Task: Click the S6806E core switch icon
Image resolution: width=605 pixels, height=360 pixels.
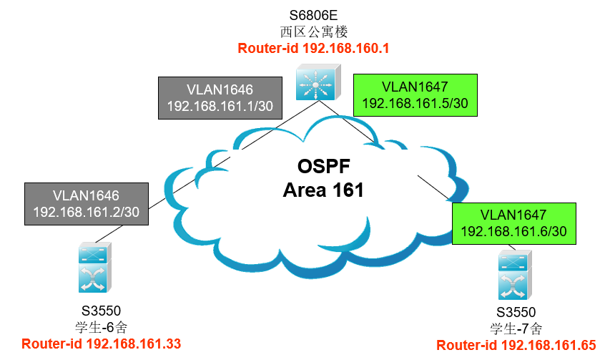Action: point(318,82)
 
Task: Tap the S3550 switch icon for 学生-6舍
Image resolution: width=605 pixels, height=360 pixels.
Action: point(95,267)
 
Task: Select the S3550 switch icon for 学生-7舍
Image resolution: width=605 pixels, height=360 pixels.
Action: point(515,275)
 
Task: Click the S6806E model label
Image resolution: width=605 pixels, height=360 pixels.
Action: point(313,16)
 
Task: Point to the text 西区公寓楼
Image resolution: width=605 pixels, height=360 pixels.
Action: point(314,31)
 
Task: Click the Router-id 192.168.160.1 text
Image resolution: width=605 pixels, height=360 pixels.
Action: point(313,48)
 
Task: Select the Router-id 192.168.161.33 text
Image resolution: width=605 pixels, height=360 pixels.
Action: point(101,344)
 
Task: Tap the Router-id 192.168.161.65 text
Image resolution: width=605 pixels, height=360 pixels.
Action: point(516,345)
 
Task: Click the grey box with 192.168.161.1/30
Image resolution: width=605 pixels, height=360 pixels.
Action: point(220,98)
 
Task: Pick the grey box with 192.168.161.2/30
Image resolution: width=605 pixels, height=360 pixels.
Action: point(87,204)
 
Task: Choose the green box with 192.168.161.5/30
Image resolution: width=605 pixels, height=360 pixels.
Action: point(415,95)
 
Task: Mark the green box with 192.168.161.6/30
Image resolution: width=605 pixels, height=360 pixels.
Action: point(514,223)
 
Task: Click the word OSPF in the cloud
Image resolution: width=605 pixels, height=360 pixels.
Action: point(324,167)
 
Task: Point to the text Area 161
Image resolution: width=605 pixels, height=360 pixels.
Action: point(323,190)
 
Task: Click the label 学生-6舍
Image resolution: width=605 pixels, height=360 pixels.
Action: point(101,328)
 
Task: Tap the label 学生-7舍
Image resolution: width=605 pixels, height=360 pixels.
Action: point(516,329)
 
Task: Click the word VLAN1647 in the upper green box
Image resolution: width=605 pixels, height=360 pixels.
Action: point(415,87)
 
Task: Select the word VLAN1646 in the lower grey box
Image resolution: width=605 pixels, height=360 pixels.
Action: point(86,195)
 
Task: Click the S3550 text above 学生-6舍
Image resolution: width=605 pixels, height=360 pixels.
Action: point(101,311)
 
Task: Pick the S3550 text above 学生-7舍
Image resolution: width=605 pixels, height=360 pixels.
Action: point(516,312)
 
